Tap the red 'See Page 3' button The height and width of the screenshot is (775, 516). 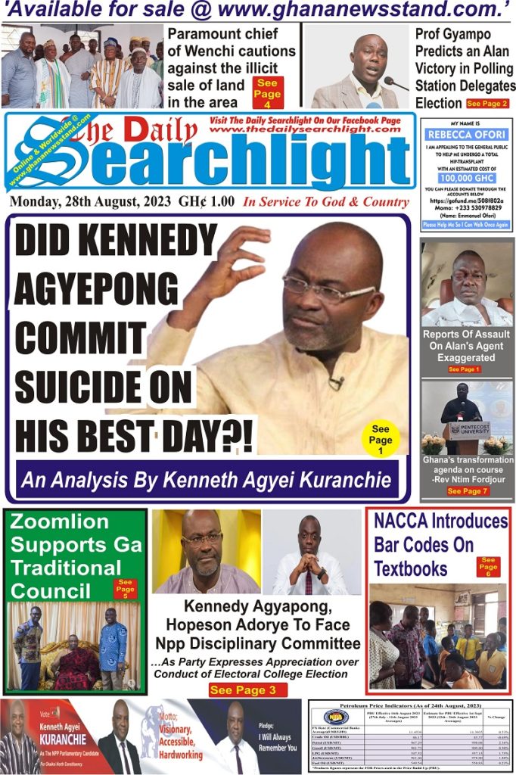click(x=247, y=689)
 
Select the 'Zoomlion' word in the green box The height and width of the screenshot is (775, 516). click(x=60, y=522)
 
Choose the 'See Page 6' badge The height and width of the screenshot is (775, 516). click(x=488, y=566)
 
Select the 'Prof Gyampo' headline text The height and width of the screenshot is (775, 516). click(x=449, y=34)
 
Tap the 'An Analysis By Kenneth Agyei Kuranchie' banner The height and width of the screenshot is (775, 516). click(x=208, y=479)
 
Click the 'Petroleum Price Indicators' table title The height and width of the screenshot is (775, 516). click(x=411, y=705)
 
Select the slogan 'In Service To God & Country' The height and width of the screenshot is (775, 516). click(x=326, y=202)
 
